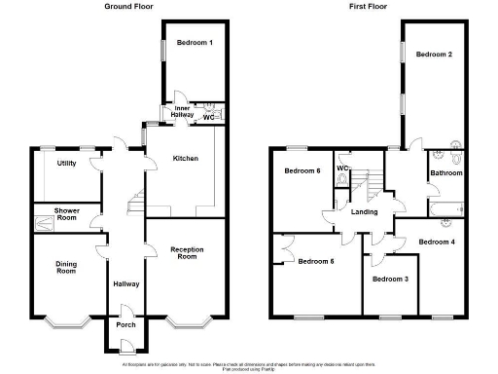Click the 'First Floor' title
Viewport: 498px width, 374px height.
coord(369,6)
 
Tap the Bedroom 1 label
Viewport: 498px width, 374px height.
coord(195,43)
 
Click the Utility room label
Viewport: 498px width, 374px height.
coord(67,163)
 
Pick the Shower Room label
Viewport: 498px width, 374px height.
coord(67,213)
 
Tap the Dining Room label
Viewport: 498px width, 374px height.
coord(66,267)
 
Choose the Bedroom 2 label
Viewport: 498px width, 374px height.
coord(434,55)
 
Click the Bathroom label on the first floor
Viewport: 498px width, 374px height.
coord(446,172)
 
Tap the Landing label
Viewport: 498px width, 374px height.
coord(365,211)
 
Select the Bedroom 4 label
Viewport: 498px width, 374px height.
coord(437,241)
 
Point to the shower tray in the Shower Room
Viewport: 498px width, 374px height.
coord(47,226)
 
